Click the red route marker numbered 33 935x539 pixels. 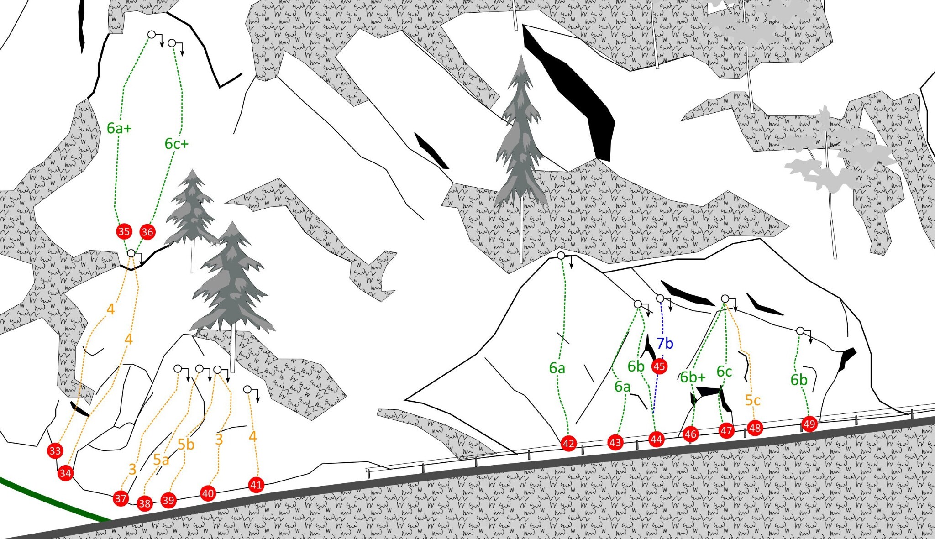tap(55, 451)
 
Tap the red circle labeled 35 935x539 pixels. tap(124, 231)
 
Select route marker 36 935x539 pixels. tap(147, 232)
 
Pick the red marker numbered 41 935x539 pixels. tap(256, 485)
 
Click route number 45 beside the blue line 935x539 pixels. tap(659, 366)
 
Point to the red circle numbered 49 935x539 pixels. tap(809, 424)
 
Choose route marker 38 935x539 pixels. tap(145, 503)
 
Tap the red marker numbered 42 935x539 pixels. tap(568, 443)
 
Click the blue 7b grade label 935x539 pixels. tap(665, 343)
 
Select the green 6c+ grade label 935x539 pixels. tap(176, 144)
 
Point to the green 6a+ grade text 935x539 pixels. tap(119, 129)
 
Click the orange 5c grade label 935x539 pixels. tap(753, 400)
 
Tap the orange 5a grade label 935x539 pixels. tap(161, 460)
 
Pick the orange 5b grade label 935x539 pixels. tap(186, 444)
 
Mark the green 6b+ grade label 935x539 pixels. tap(693, 377)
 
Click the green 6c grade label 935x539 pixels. tap(724, 372)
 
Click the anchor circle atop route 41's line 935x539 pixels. tap(247, 389)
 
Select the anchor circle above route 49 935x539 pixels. tap(800, 331)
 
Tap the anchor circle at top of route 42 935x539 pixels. tap(561, 256)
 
